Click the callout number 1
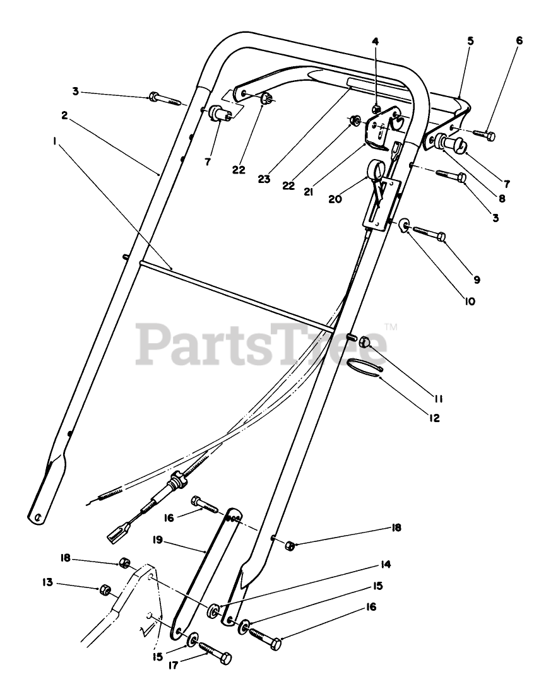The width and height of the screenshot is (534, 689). coord(56,143)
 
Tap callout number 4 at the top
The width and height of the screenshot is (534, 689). coord(375,42)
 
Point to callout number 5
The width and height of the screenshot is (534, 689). coord(470,41)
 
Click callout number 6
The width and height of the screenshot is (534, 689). coord(519,40)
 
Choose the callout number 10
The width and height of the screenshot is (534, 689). coord(470,302)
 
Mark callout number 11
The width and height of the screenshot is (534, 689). coord(438,398)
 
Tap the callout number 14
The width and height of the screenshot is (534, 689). coord(385,564)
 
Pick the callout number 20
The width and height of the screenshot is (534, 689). coord(336,199)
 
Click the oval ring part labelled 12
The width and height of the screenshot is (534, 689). coord(365,366)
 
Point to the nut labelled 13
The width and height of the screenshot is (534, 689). coord(105,589)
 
